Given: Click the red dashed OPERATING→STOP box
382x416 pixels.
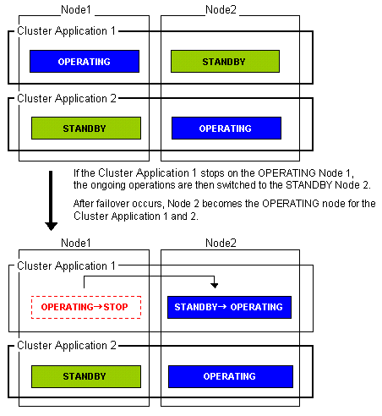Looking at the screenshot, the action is [86, 307].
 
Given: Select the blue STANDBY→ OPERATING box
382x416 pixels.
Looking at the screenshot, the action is [229, 307].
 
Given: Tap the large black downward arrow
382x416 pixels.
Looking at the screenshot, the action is [51, 200].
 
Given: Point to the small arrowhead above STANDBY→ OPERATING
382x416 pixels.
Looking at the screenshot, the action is [215, 285].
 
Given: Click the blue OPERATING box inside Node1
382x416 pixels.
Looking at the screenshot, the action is [85, 62].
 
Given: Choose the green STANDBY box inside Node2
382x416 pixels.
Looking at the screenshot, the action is [225, 62].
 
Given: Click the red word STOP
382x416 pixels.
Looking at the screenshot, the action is [116, 307].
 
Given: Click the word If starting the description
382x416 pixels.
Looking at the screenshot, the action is [76, 173].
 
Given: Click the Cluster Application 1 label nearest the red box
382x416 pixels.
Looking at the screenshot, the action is [66, 265].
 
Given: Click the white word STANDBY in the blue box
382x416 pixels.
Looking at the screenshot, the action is [196, 307].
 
